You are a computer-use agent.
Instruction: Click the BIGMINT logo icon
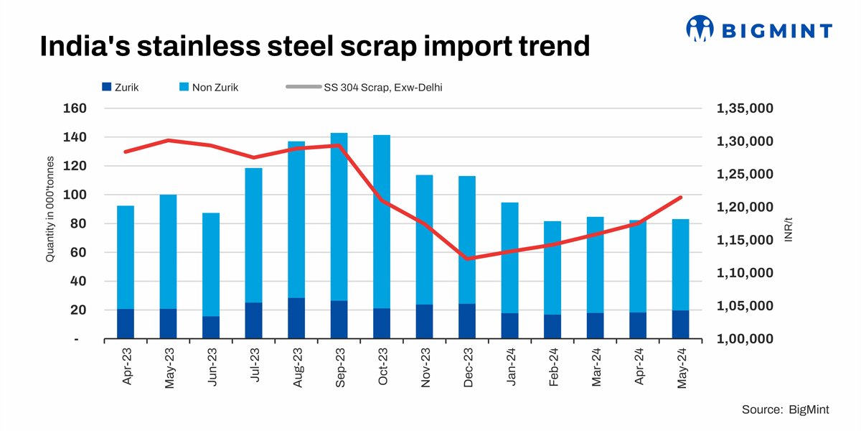pos(700,29)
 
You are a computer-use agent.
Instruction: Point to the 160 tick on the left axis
pos(75,108)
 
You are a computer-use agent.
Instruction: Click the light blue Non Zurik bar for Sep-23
pos(339,215)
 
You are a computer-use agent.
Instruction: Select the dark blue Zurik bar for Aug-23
pos(296,318)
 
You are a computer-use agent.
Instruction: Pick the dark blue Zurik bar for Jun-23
pos(211,328)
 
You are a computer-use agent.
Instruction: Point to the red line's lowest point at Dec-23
pos(467,259)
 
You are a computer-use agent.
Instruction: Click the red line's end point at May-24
pos(680,197)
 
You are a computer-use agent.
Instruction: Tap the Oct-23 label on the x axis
pos(383,369)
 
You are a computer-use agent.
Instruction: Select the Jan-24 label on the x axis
pos(511,369)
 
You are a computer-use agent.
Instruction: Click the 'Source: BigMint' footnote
pos(786,409)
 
